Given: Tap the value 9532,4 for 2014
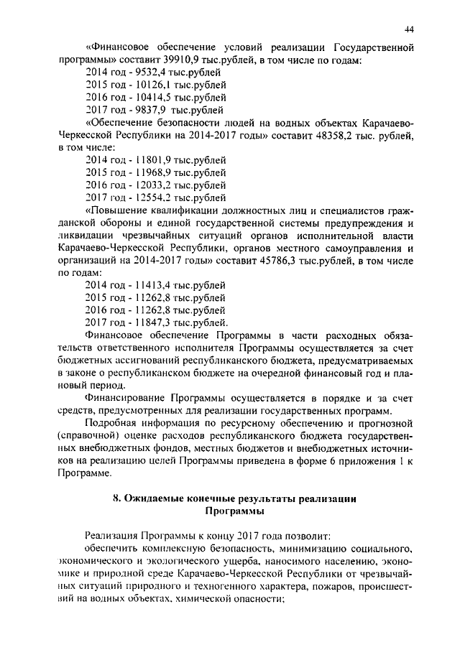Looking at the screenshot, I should coord(147,73).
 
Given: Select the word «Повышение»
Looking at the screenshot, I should coord(116,210).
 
